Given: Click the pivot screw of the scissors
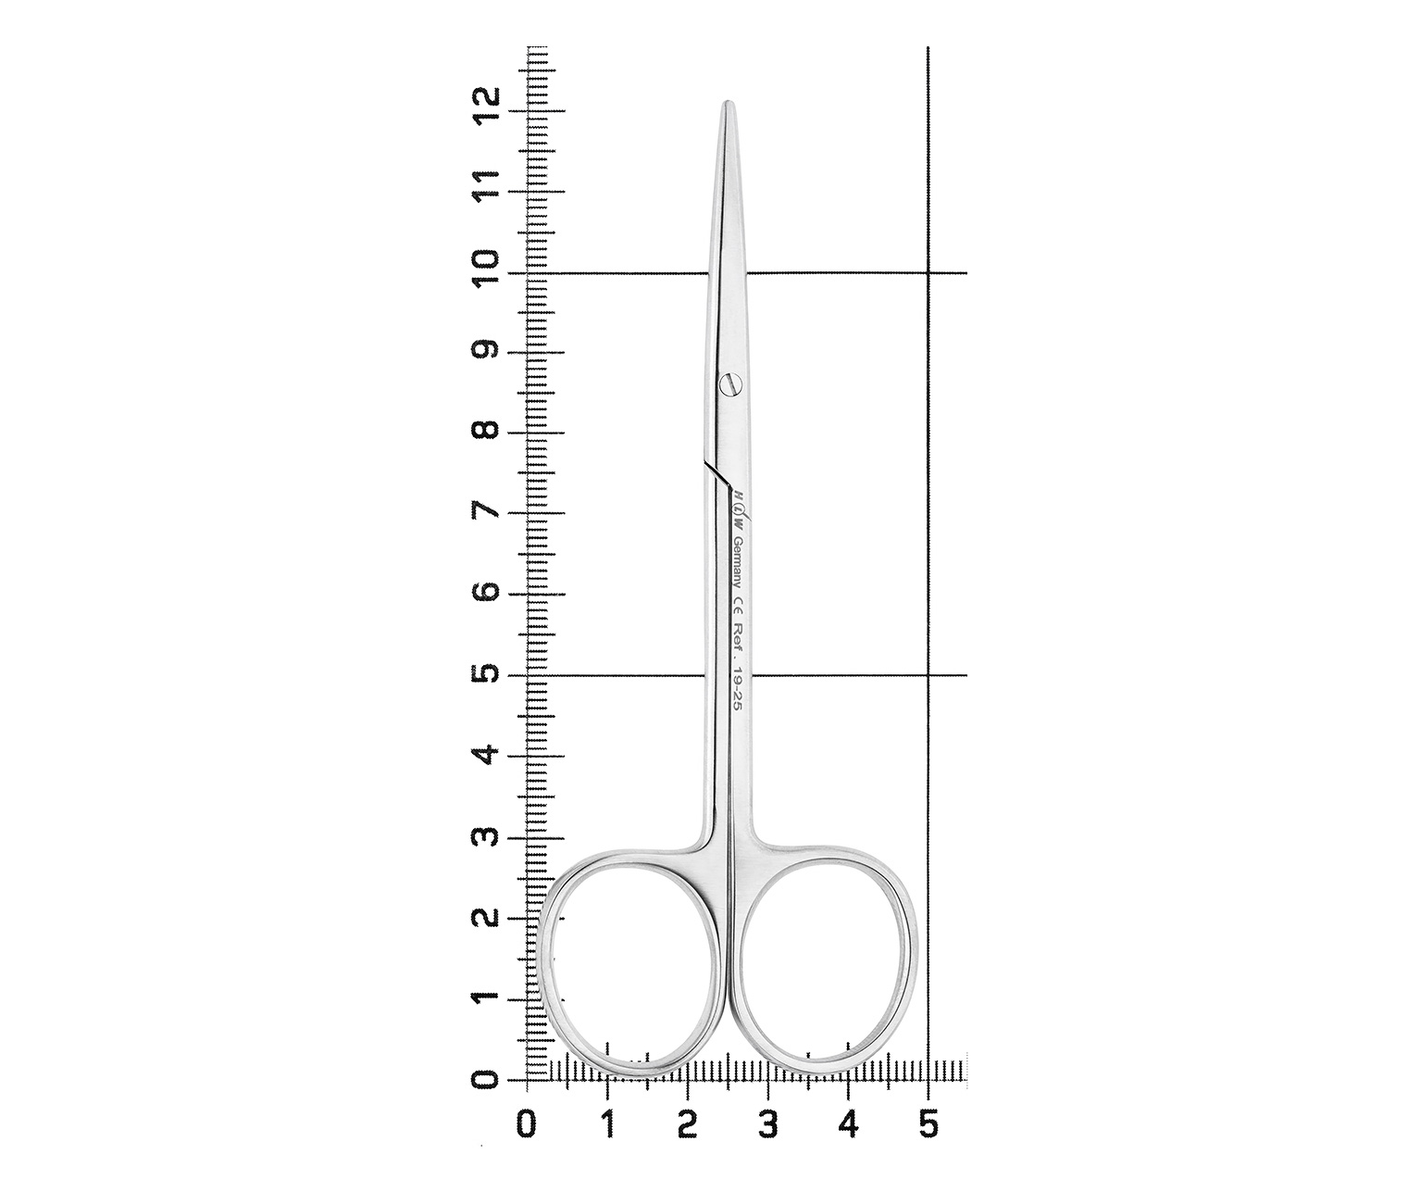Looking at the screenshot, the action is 729,383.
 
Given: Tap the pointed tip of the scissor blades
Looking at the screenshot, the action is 729,102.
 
